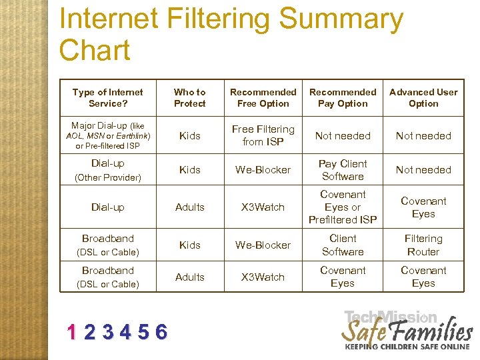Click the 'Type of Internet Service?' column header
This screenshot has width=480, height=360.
click(x=107, y=98)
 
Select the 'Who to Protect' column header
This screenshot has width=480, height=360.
click(x=190, y=98)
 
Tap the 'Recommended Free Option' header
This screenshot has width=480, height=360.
click(x=263, y=98)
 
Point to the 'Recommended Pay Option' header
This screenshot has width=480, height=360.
click(x=343, y=98)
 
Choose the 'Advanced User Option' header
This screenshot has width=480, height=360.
click(x=423, y=98)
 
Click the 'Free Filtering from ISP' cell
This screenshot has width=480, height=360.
click(x=263, y=135)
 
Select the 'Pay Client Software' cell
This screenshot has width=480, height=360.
click(x=343, y=170)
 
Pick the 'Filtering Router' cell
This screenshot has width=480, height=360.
click(x=423, y=245)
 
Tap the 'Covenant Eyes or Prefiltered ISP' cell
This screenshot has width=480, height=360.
click(x=343, y=207)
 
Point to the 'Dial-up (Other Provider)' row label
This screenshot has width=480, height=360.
click(x=107, y=170)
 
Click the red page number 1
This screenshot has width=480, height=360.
click(x=72, y=331)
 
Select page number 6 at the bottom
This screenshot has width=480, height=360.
click(x=161, y=331)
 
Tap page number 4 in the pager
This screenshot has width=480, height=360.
click(x=125, y=331)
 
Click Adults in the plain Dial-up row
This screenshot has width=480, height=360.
click(x=190, y=207)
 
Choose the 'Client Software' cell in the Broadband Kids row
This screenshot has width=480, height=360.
click(x=343, y=245)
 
